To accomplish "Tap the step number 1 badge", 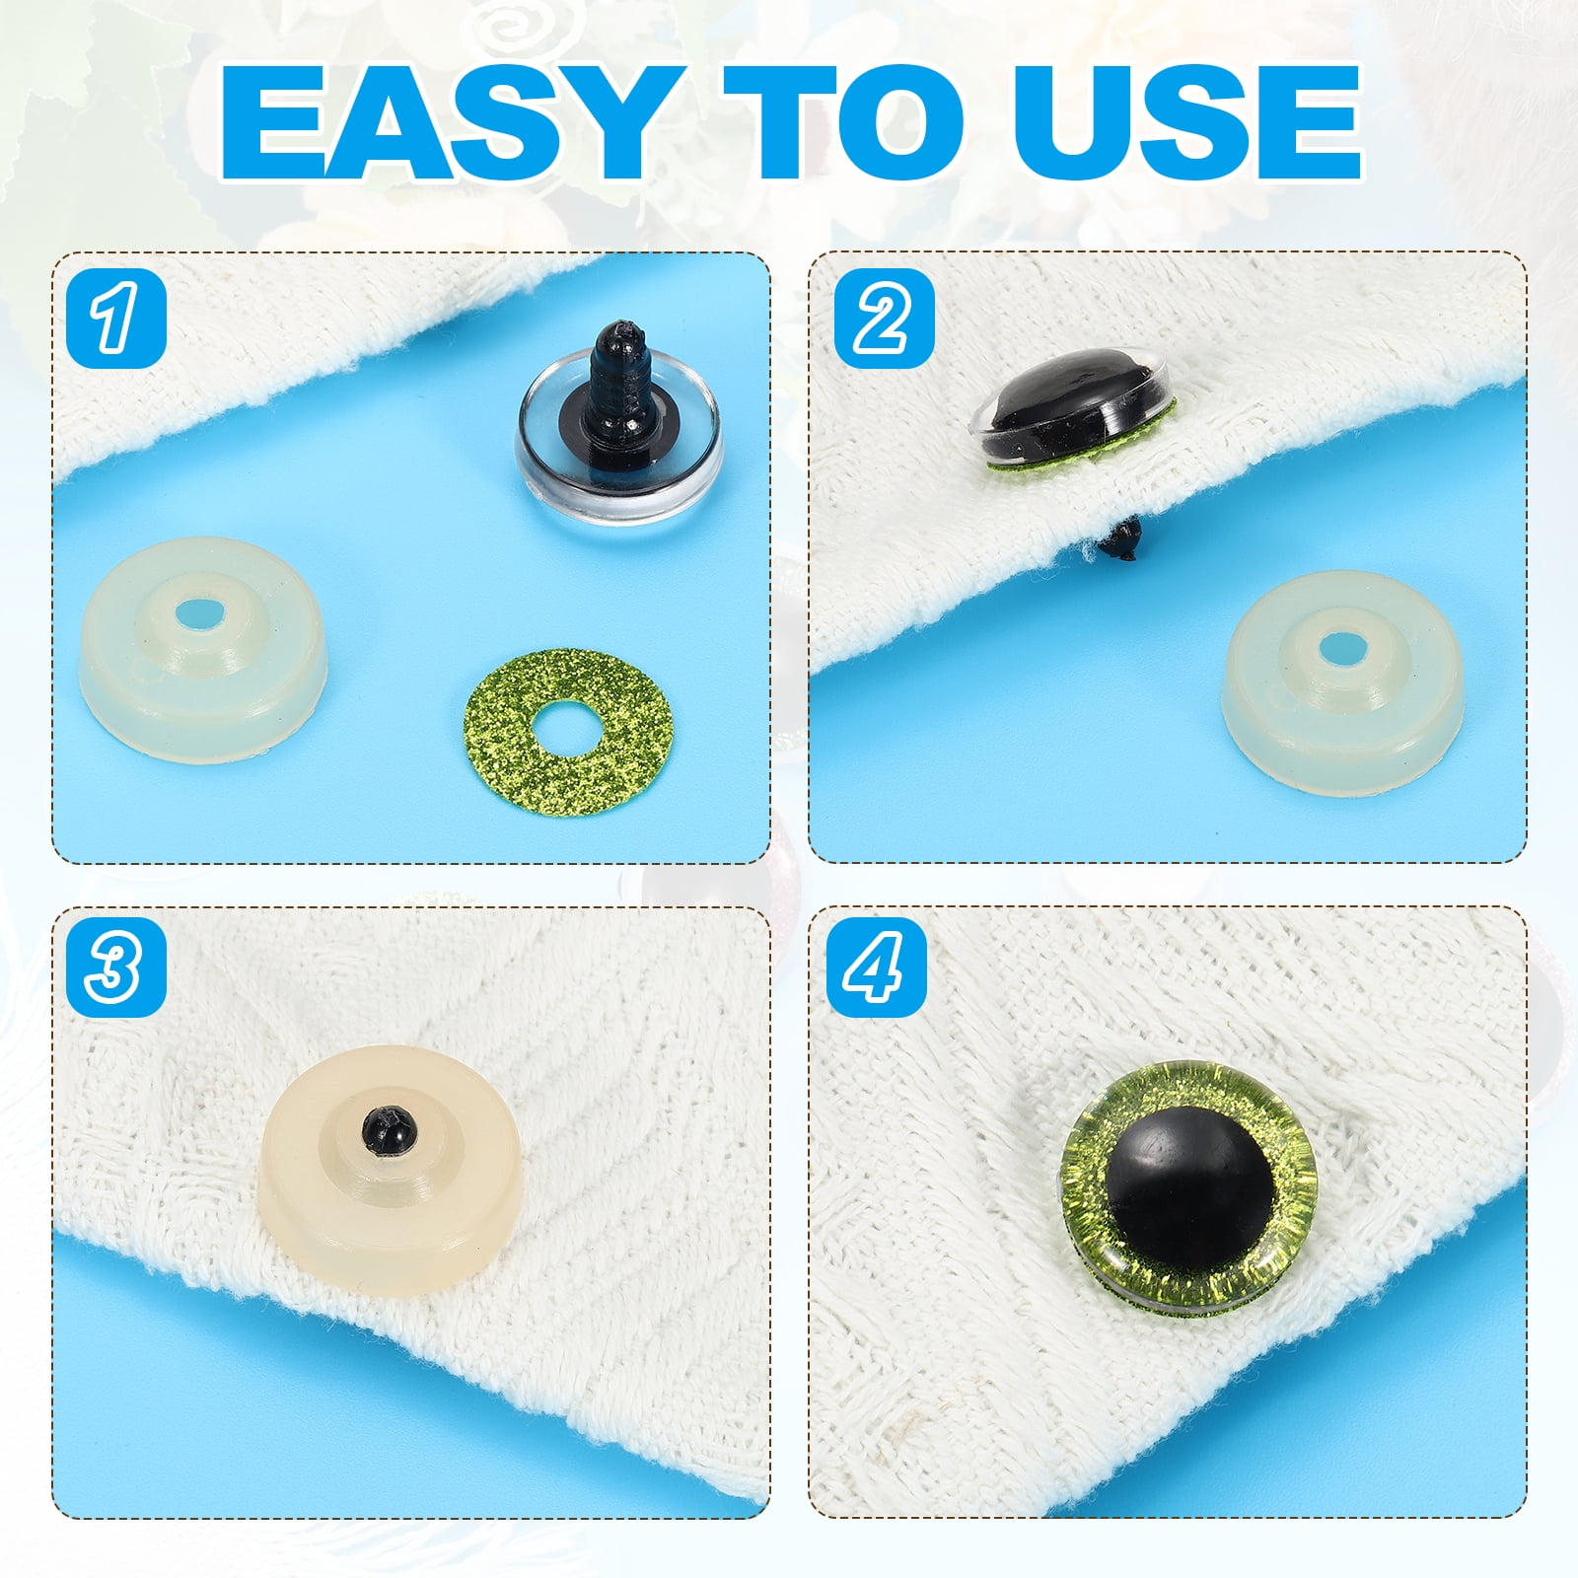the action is click(116, 318).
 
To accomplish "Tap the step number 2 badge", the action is click(884, 318).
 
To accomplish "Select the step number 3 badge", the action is click(116, 968).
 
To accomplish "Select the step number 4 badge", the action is click(884, 968).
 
